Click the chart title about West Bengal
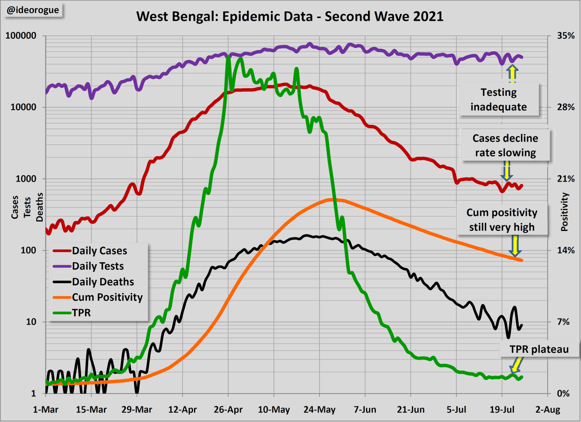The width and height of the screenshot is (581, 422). coord(290,17)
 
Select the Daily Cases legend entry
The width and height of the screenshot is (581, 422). coord(99,251)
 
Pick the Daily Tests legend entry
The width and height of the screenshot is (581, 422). coord(98,266)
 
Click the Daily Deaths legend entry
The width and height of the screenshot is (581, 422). coord(103,282)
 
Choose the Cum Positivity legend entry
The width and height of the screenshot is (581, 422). coord(107,297)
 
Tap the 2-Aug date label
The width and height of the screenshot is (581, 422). coord(547,410)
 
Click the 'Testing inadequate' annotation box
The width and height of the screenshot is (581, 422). coord(499,100)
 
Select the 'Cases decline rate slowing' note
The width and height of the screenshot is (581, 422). coord(505,146)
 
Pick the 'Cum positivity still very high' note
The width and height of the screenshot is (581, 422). coord(502,220)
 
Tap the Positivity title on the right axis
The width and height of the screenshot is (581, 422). coord(564,213)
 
